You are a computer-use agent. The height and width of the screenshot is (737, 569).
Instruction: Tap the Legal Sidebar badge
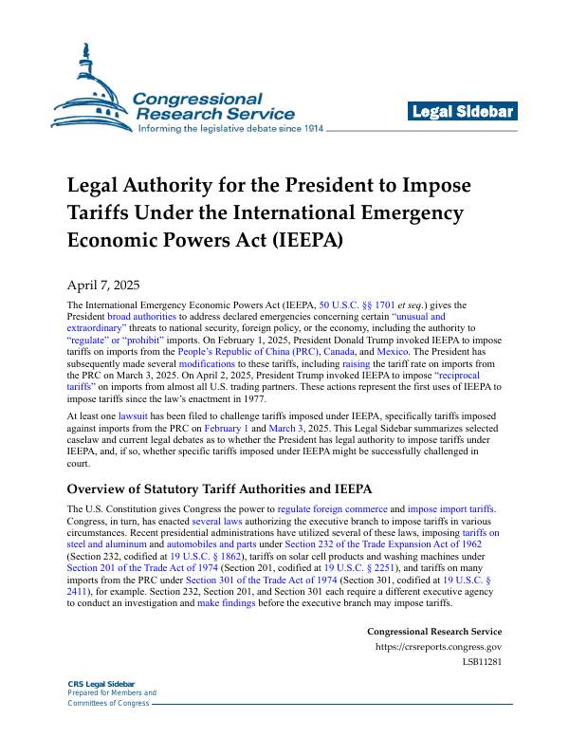point(463,112)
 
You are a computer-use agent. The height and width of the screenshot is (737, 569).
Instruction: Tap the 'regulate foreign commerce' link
point(331,509)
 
